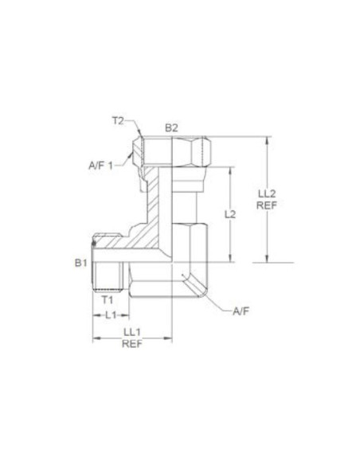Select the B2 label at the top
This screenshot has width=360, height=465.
tap(171, 127)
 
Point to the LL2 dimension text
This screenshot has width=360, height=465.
tap(267, 193)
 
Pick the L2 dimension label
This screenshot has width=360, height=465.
tap(229, 214)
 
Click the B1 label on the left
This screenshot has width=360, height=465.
tap(80, 262)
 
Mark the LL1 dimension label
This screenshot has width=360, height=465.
tap(132, 332)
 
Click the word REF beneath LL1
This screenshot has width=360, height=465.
tap(132, 345)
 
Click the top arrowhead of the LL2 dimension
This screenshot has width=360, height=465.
tap(267, 141)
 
